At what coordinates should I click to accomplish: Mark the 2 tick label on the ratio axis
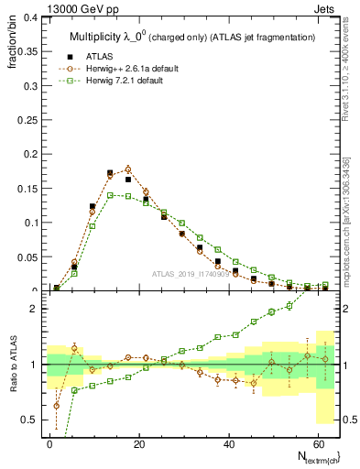pyautogui.click(x=33, y=309)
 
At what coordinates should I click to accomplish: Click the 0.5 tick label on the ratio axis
pyautogui.click(x=28, y=420)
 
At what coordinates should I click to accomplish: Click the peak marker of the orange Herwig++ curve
pyautogui.click(x=128, y=169)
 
